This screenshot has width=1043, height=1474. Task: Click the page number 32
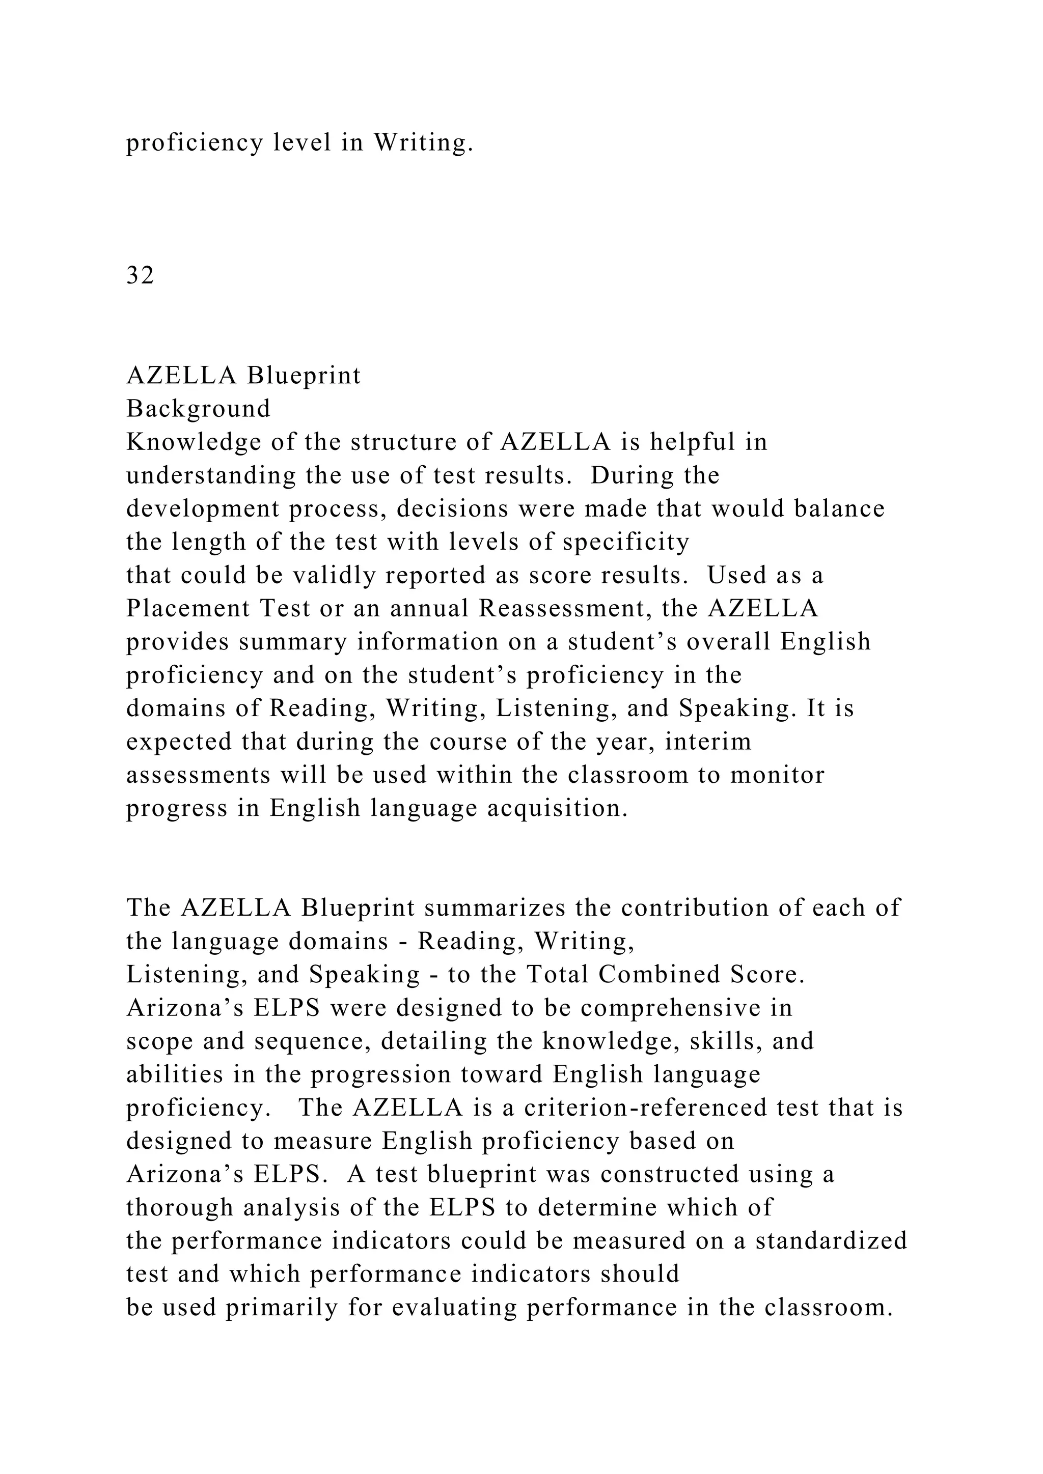click(140, 275)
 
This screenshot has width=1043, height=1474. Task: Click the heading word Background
click(199, 409)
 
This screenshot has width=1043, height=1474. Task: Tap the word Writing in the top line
click(423, 143)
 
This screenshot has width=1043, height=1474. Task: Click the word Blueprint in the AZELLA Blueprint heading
click(305, 376)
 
